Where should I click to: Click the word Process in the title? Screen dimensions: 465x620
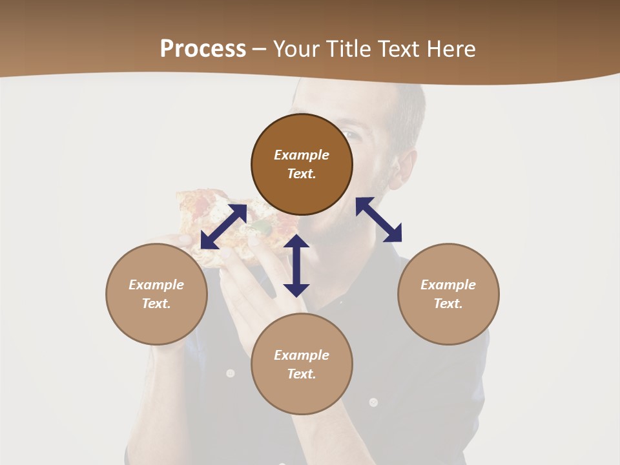pyautogui.click(x=203, y=49)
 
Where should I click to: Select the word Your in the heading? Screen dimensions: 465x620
pyautogui.click(x=298, y=49)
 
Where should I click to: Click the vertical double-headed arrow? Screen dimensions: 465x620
pyautogui.click(x=296, y=265)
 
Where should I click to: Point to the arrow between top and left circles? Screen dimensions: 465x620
pyautogui.click(x=223, y=227)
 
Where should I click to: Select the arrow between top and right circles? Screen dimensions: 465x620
pyautogui.click(x=379, y=220)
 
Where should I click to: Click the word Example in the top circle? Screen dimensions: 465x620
pyautogui.click(x=302, y=155)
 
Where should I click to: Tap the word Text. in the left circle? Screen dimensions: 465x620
pyautogui.click(x=156, y=304)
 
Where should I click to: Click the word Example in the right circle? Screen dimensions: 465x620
pyautogui.click(x=448, y=285)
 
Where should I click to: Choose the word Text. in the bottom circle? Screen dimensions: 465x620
pyautogui.click(x=302, y=374)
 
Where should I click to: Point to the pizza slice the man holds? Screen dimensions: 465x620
pyautogui.click(x=213, y=220)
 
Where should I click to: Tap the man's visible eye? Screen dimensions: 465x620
pyautogui.click(x=349, y=135)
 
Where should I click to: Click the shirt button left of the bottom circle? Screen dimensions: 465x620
pyautogui.click(x=230, y=373)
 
